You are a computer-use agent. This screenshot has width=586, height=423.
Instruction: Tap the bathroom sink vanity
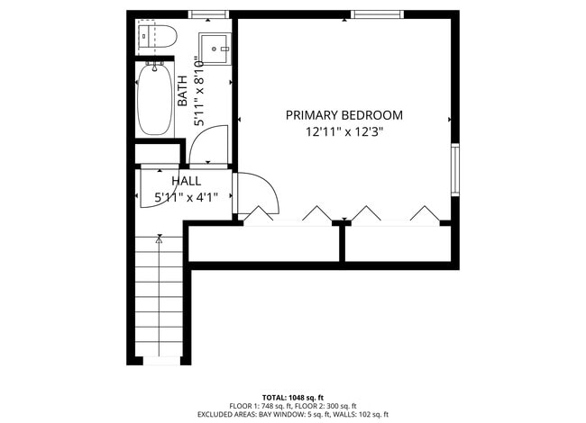point(215,44)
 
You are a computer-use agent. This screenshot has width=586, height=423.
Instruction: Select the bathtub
point(156,101)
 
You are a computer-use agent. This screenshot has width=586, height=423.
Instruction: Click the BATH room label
point(183,91)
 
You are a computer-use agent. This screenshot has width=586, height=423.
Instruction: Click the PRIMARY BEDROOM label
point(343,115)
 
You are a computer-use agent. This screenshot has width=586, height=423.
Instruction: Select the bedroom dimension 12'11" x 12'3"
point(343,132)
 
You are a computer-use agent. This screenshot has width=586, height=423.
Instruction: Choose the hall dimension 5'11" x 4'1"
point(186,196)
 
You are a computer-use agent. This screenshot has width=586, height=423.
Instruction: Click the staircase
point(160,297)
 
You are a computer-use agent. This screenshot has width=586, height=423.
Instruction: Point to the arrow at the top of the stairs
point(160,240)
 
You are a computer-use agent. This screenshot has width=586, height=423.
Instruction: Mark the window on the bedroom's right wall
point(455,169)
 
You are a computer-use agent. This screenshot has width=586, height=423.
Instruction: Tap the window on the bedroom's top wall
point(376,14)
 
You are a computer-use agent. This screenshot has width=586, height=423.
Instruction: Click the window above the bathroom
point(209,14)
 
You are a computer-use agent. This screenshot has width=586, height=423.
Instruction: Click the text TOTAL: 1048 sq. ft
point(293,397)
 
